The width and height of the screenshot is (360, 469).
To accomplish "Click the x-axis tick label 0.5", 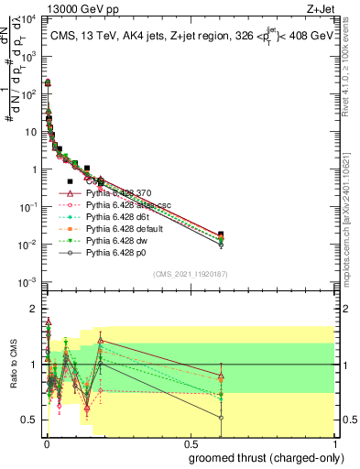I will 190,443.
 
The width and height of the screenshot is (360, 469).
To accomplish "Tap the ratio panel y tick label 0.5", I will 30,420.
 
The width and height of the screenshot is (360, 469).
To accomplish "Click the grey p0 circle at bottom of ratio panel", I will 220,417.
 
